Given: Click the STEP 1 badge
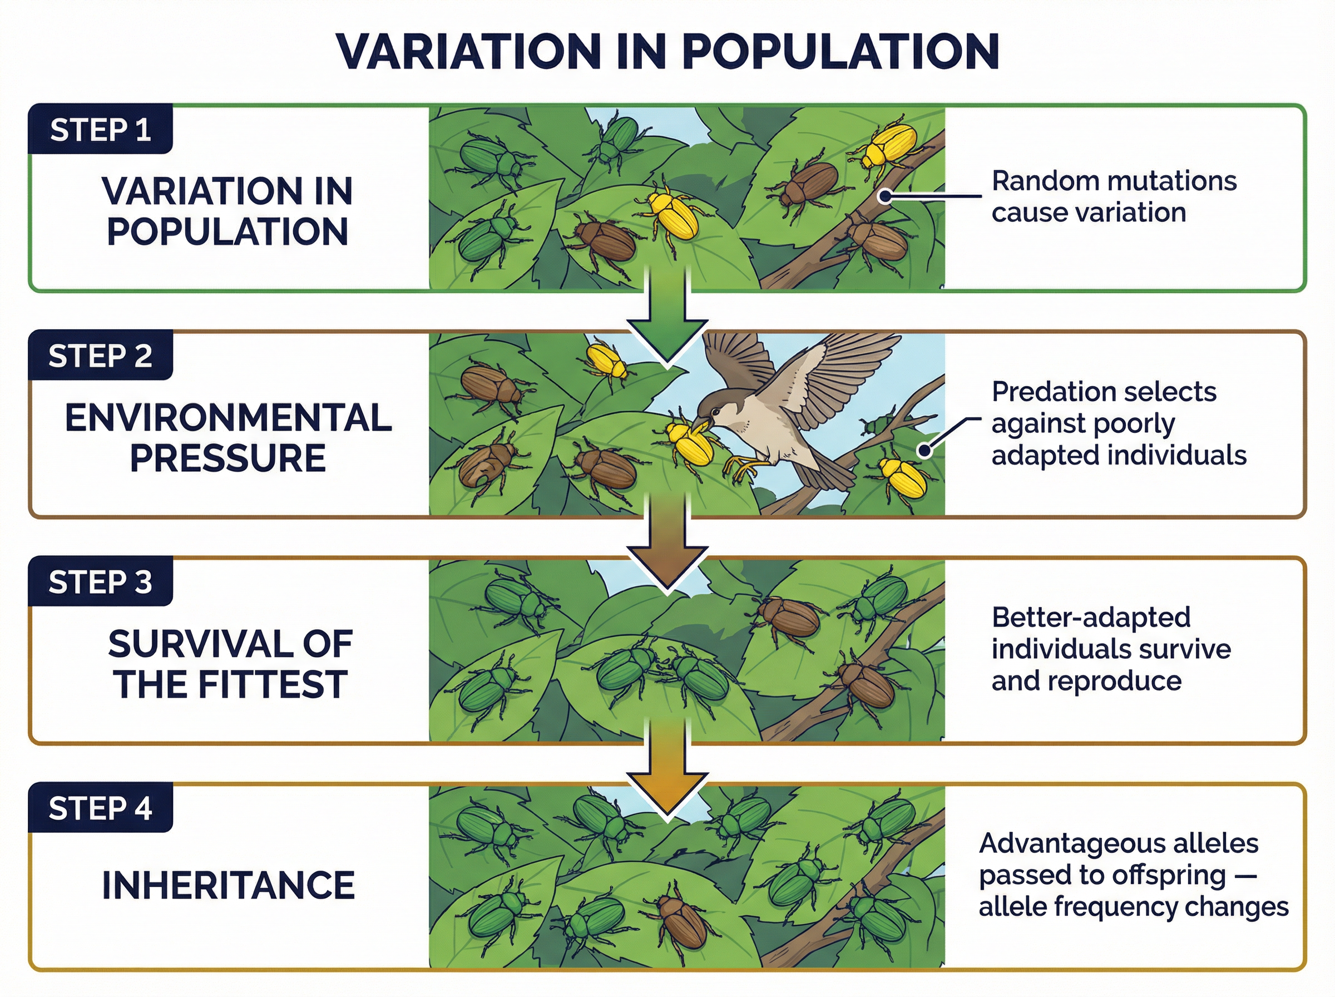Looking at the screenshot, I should [x=100, y=130].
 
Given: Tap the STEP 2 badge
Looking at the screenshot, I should [x=100, y=356].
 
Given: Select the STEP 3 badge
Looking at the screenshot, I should [x=100, y=583].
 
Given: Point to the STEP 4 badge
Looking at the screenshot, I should [x=100, y=808].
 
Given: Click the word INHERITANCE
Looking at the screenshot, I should [x=228, y=885].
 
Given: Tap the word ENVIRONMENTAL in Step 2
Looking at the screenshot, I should [x=228, y=418].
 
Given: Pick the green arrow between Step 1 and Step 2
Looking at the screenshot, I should [x=666, y=326].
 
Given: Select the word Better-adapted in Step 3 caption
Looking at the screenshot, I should [x=1091, y=618].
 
